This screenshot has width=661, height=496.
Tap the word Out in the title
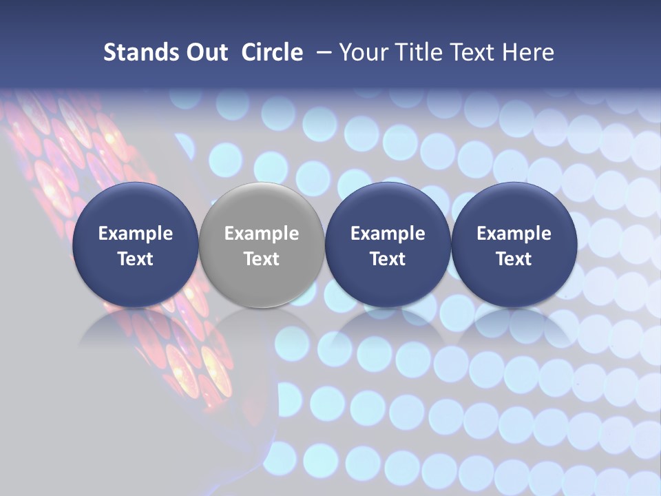coord(204,52)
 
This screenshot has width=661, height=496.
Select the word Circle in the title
coord(272,52)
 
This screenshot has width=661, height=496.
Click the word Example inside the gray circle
coord(262,234)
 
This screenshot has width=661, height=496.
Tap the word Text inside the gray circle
coord(262,259)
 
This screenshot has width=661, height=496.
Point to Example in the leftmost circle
coord(136,234)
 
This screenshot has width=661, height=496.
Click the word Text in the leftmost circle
coord(136,259)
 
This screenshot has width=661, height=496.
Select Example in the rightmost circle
coord(514,234)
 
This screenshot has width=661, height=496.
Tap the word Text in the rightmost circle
coord(514,259)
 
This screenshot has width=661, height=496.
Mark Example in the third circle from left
coord(388,234)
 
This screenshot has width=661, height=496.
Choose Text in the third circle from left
coord(388,259)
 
